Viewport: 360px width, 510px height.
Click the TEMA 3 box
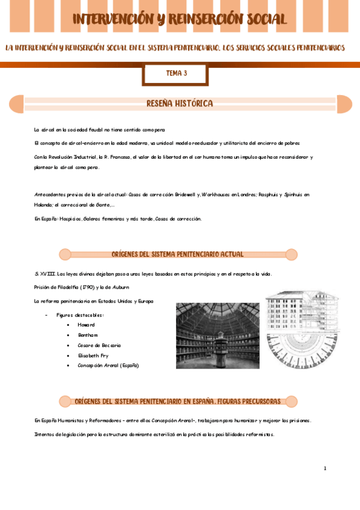coord(176,74)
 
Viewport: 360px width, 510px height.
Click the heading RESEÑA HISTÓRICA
coord(180,104)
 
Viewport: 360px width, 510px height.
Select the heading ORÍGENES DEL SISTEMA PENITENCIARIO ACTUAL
coord(178,254)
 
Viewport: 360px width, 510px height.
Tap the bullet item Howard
coord(86,325)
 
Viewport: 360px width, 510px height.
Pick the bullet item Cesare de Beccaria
coord(99,345)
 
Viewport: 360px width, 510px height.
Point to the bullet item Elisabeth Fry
coord(93,355)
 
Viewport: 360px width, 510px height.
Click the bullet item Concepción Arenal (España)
coord(108,365)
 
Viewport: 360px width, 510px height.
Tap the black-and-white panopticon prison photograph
coord(218,335)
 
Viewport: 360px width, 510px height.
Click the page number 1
coord(325,468)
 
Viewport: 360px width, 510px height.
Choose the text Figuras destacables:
coord(80,315)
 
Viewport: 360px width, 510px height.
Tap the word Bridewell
coord(186,195)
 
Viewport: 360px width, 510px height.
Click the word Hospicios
coord(70,219)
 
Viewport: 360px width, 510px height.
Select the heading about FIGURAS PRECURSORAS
coord(178,401)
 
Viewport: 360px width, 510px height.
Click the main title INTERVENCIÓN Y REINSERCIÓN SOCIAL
coord(180,19)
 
